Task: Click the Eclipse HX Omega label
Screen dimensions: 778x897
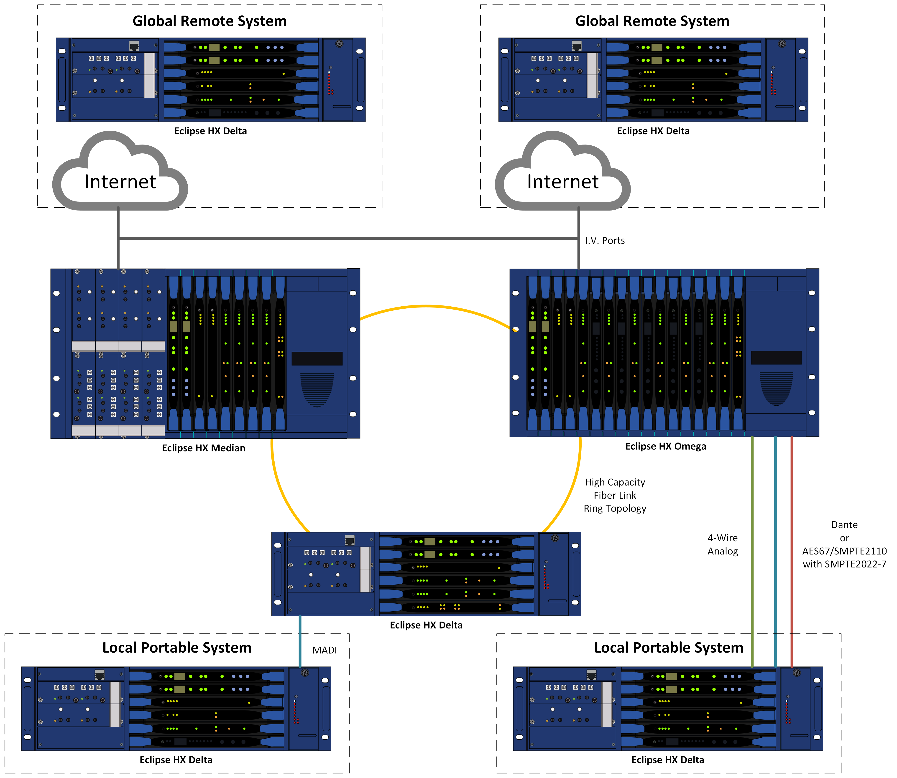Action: click(x=665, y=446)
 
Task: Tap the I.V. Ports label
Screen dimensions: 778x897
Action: click(x=605, y=241)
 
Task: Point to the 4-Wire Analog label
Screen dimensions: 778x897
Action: click(x=722, y=544)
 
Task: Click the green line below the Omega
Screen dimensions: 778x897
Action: click(x=752, y=551)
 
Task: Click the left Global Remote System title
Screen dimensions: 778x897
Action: click(x=209, y=21)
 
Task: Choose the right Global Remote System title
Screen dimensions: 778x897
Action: click(x=652, y=21)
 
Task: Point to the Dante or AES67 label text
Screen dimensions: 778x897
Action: click(x=844, y=544)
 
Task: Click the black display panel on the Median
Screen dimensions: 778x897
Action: click(x=317, y=358)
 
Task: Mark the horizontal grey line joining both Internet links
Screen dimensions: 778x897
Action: click(x=348, y=238)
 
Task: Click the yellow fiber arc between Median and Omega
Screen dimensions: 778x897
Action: click(x=426, y=307)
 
